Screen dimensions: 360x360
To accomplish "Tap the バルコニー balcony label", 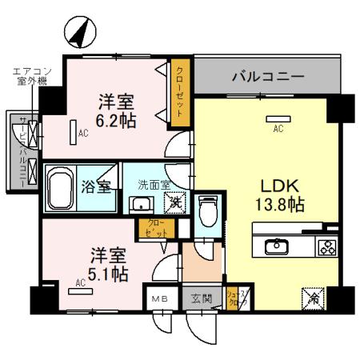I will (x=267, y=78).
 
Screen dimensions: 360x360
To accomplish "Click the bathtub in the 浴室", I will (x=61, y=189).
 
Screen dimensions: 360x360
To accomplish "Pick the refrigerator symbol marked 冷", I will (x=313, y=298).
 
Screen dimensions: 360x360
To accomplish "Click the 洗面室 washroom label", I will (x=153, y=185).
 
